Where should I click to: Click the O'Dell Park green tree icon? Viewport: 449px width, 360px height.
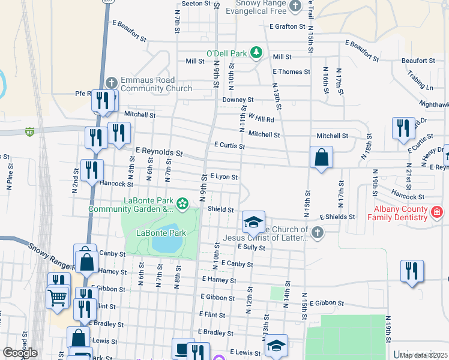pos(256,53)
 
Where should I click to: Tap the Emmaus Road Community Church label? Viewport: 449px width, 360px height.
pos(148,84)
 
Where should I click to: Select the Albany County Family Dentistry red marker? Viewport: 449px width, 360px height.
pos(436,212)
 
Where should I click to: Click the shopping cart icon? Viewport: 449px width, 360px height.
pos(58,296)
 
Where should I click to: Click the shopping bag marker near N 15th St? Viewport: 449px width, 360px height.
pos(322,158)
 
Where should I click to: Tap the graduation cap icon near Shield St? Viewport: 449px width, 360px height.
pos(253,221)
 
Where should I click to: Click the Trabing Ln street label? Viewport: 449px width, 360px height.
pos(424,82)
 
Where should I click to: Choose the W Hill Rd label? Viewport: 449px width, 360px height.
pos(261,119)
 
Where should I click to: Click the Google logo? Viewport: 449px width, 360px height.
pos(20,353)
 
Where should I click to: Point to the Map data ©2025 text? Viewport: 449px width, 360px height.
pos(423,355)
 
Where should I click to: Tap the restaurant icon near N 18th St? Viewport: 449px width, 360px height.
pos(403,128)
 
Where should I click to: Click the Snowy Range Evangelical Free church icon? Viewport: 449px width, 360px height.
pos(295,7)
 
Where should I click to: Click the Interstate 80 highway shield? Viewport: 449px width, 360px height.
pos(29,131)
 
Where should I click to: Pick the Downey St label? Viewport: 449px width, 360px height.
pos(238,100)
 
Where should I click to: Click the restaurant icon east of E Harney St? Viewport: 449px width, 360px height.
pos(412,271)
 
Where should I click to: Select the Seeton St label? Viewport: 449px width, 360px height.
pos(193,3)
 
